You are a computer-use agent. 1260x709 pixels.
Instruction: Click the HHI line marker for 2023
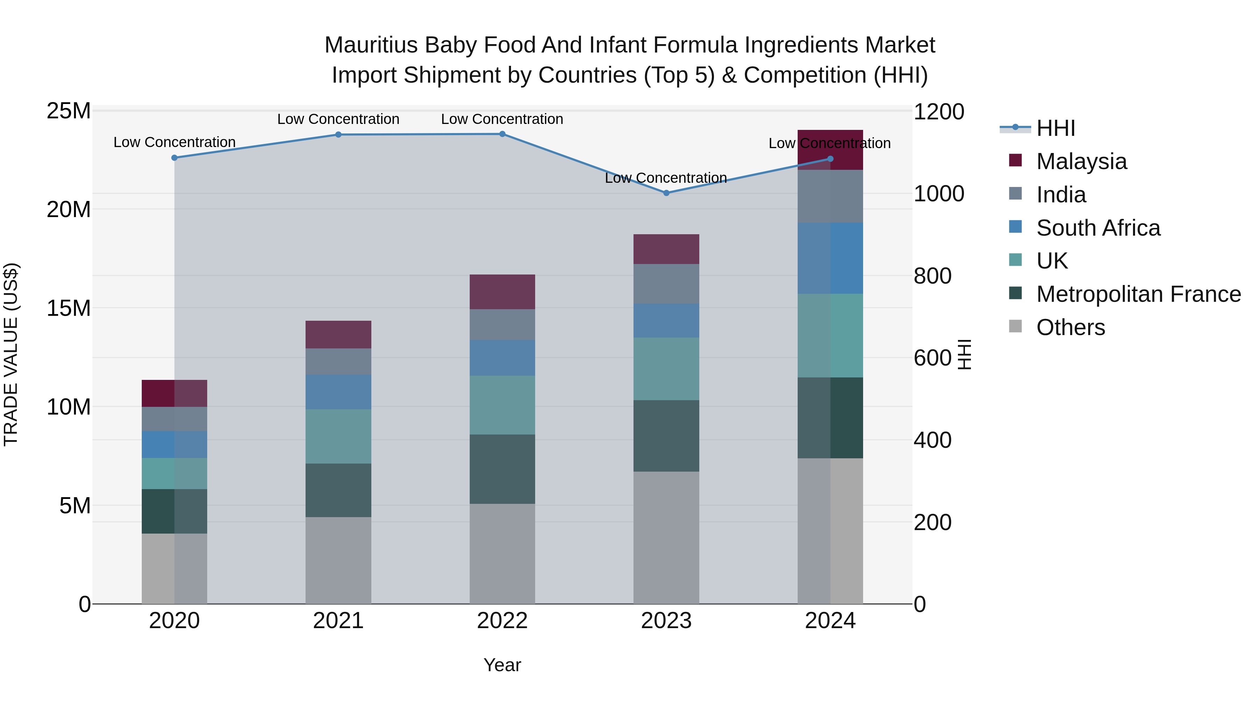[666, 193]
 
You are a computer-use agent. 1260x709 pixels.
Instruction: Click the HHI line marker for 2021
[338, 134]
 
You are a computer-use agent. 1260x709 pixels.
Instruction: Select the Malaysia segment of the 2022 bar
[502, 292]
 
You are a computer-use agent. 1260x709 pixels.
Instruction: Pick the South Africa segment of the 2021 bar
[338, 392]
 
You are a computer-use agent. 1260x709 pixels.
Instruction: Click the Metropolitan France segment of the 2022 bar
[502, 469]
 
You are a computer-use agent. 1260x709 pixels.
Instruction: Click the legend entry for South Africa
[1098, 228]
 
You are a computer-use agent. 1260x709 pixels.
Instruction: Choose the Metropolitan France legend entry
[1138, 294]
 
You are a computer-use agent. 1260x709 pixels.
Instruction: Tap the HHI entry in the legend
[1056, 128]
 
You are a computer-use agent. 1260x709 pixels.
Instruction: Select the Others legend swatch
[1015, 326]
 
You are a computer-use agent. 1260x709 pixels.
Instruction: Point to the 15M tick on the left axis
[69, 308]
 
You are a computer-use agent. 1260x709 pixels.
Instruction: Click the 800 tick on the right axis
[932, 276]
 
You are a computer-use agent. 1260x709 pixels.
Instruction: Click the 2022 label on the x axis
[502, 621]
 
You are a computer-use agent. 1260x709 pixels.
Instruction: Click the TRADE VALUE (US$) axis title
[11, 354]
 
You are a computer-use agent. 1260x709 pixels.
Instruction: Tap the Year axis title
[502, 665]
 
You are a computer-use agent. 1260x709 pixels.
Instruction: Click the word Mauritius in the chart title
[370, 45]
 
